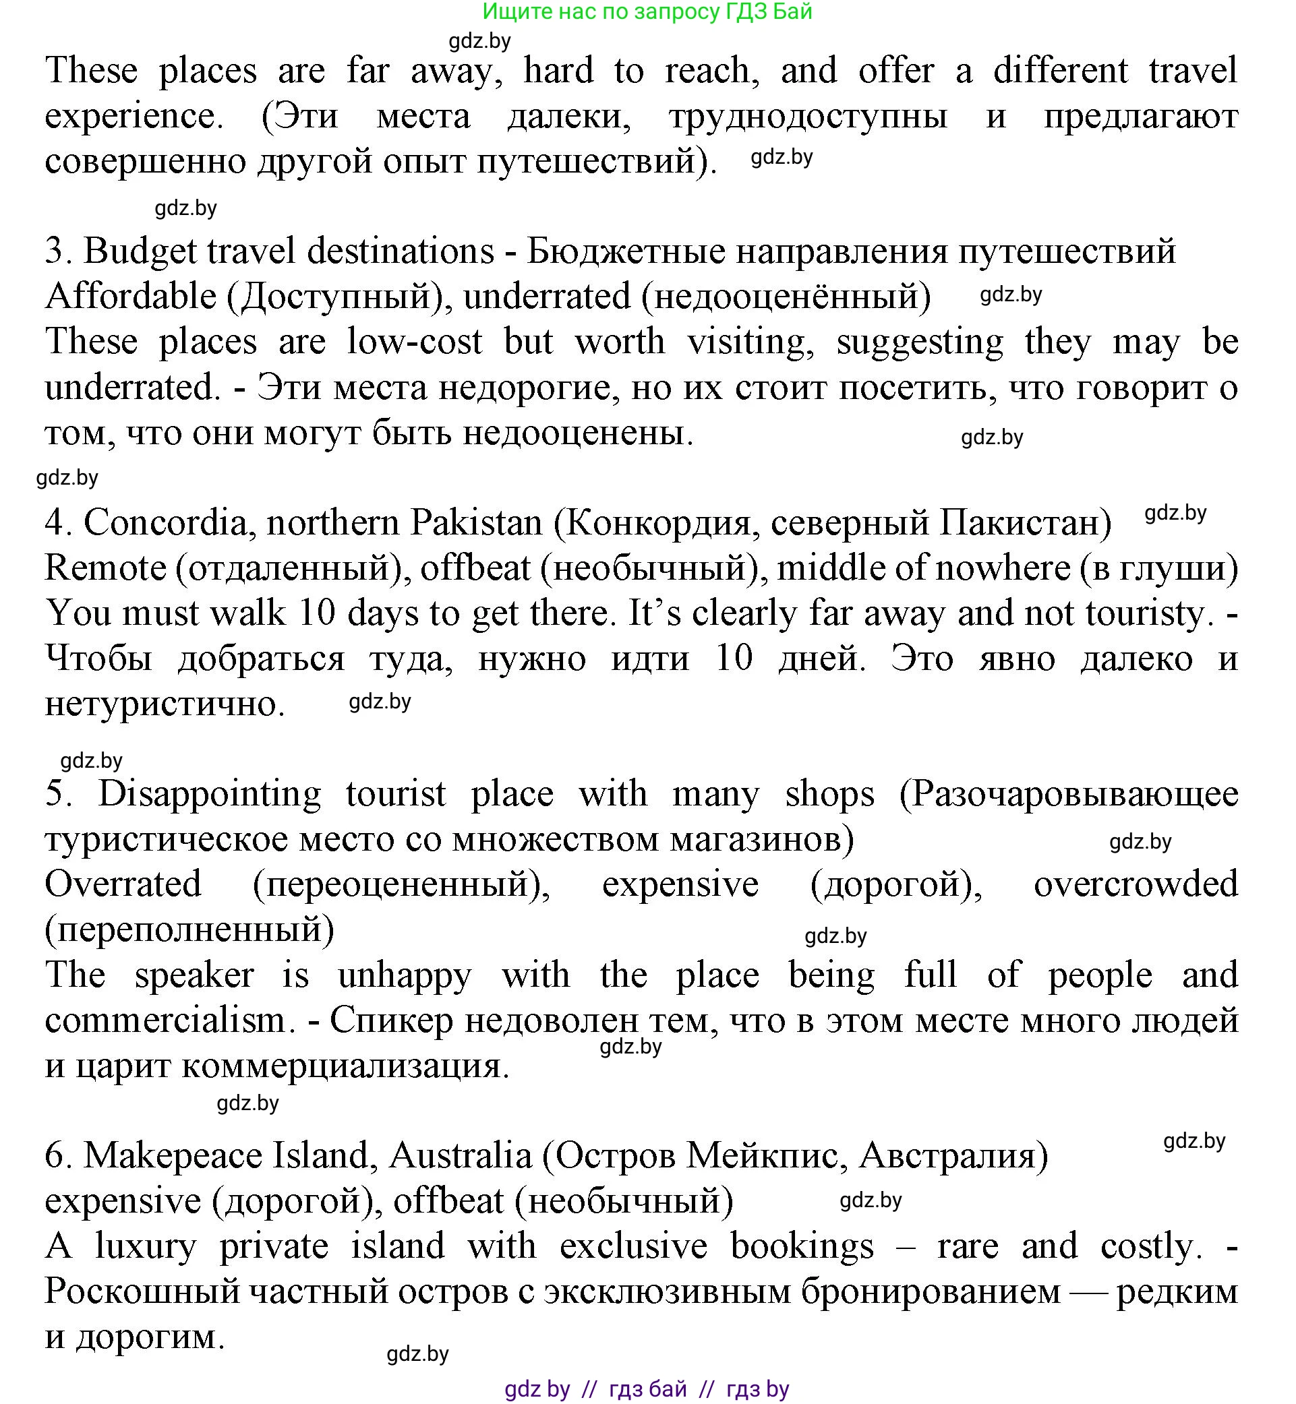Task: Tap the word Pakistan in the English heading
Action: point(476,523)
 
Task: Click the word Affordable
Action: point(131,296)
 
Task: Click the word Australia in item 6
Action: point(460,1156)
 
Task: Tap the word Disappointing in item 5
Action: point(210,794)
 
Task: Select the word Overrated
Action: point(123,884)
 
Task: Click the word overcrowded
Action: point(1136,884)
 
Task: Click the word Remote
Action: point(105,568)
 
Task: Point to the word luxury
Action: point(146,1247)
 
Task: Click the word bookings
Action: point(802,1247)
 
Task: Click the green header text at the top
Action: point(647,11)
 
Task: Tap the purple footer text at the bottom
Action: point(647,1388)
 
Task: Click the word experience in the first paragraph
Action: point(134,117)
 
